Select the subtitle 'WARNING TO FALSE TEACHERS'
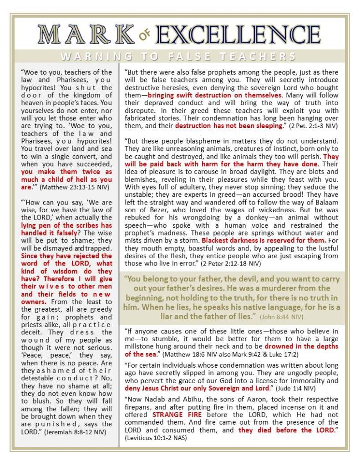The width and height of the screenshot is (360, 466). pos(179,57)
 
